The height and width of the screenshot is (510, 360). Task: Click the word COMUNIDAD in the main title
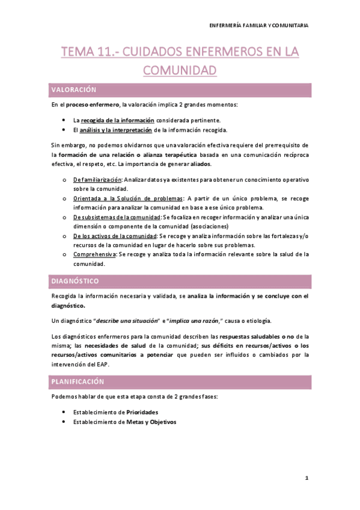coord(180,70)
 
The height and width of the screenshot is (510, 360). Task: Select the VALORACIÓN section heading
coord(74,90)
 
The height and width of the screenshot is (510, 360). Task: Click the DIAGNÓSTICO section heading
coord(75,281)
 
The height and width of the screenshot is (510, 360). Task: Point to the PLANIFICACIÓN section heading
coord(78,382)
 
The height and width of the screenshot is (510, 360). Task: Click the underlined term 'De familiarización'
coord(97,180)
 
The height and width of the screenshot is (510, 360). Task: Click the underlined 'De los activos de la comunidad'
coord(115,236)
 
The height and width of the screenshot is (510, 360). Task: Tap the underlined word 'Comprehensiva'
coord(94,254)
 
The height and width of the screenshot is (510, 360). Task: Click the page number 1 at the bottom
coord(307,479)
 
